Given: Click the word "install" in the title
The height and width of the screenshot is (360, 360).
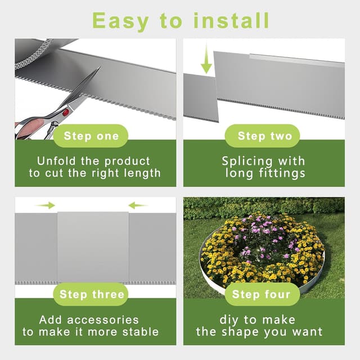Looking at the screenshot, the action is [x=231, y=21].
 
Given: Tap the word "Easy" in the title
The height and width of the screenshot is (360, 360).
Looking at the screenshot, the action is [x=120, y=22].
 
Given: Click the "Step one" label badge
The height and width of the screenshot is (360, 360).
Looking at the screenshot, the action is [x=91, y=136].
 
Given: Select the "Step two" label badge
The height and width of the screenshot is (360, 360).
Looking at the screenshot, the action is [x=262, y=136].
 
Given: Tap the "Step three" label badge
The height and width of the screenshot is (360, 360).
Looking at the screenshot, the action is [x=91, y=294].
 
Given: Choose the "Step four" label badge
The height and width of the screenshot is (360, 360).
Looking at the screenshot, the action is [x=262, y=294].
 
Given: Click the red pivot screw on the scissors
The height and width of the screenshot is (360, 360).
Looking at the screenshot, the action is [x=66, y=112].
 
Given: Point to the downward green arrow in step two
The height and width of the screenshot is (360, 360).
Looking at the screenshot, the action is [x=206, y=58].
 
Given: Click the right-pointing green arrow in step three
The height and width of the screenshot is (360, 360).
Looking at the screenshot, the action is [x=45, y=205].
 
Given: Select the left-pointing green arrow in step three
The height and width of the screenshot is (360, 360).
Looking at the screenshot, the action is [x=138, y=205].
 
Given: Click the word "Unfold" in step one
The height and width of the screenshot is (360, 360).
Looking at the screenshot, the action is [x=56, y=161].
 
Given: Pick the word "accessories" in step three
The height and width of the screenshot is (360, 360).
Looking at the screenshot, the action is [x=103, y=320].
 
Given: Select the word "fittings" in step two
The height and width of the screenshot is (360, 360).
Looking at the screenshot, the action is [x=282, y=174].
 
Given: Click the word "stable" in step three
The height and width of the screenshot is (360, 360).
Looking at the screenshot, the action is [x=141, y=332].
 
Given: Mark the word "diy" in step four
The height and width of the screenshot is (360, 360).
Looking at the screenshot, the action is [x=228, y=320].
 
